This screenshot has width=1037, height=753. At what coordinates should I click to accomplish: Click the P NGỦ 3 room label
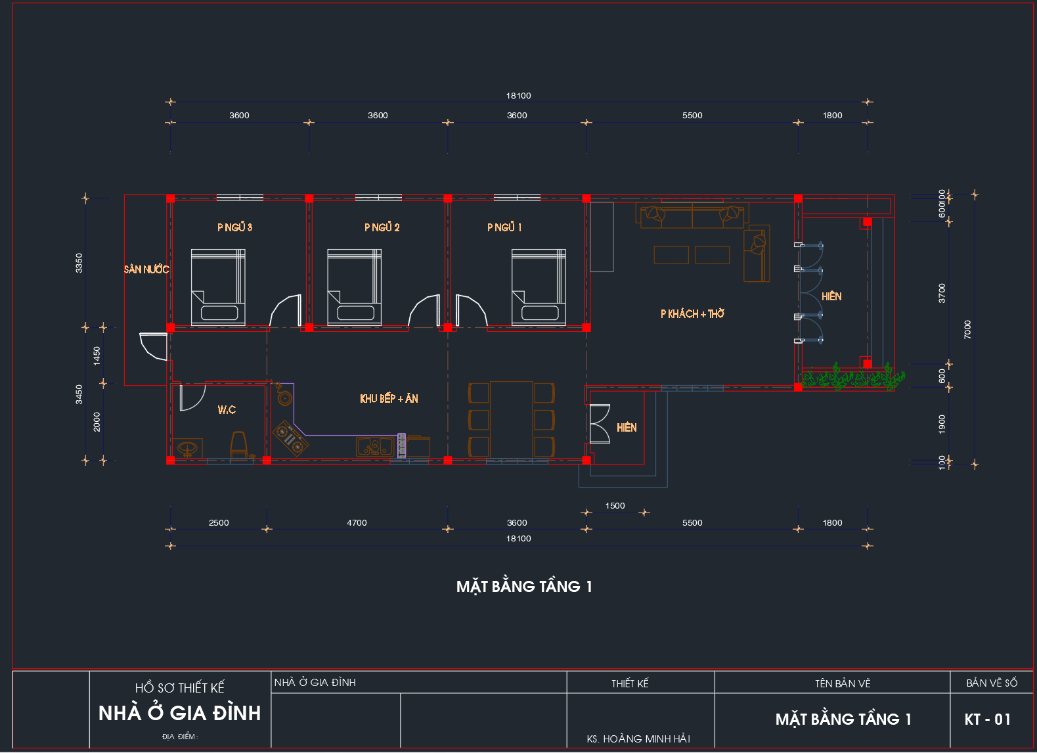(x=234, y=227)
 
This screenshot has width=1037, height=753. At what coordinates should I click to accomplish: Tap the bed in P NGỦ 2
(x=355, y=287)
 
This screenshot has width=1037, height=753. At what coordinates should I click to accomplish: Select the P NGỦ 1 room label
(x=504, y=227)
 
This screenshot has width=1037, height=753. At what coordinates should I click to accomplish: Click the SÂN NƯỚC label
(x=146, y=269)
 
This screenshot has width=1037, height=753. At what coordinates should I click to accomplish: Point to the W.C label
(x=227, y=410)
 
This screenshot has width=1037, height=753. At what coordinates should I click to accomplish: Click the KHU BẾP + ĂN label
(x=389, y=399)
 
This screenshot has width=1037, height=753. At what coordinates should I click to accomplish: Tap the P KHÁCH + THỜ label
(x=692, y=314)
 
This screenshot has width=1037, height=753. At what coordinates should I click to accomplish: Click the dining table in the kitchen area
(x=511, y=419)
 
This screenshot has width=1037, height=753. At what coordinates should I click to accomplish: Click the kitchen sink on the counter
(x=374, y=447)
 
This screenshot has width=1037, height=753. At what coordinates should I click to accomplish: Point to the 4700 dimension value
(x=357, y=523)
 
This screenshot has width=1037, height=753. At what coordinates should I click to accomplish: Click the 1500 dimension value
(x=615, y=506)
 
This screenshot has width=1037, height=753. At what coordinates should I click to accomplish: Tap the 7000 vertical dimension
(x=967, y=329)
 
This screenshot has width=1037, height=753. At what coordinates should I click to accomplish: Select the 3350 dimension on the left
(x=79, y=263)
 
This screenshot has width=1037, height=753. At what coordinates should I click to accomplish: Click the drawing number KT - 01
(x=987, y=719)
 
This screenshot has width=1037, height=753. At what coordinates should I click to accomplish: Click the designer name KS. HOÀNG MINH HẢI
(x=638, y=739)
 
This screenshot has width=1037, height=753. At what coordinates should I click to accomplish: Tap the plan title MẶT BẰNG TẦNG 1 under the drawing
(x=524, y=587)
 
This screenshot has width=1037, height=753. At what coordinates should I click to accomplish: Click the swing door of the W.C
(x=191, y=398)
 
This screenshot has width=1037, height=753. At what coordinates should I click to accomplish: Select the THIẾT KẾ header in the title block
(x=630, y=684)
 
